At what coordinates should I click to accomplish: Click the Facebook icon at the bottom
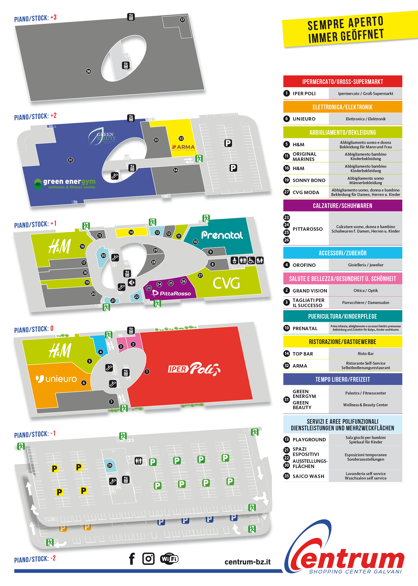click(132, 559)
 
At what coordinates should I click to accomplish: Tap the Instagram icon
click(148, 559)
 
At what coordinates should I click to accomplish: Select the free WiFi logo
click(169, 559)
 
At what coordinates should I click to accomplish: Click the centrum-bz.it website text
click(247, 562)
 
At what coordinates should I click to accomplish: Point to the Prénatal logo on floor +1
click(222, 235)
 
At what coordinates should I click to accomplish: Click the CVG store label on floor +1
click(226, 283)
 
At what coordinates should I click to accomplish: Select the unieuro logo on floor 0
click(56, 379)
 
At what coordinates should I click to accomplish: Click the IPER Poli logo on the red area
click(194, 369)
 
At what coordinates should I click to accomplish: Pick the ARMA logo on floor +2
click(183, 147)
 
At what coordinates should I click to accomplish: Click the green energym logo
click(65, 183)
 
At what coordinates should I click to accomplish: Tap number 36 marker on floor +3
click(89, 71)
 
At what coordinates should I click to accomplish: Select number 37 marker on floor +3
click(182, 20)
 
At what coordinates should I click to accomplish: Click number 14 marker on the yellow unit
click(131, 232)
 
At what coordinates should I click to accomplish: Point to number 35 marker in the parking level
click(110, 465)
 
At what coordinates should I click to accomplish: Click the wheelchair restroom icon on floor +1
click(251, 260)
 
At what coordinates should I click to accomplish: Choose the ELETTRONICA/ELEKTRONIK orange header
click(342, 107)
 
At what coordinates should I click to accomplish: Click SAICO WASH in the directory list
click(308, 476)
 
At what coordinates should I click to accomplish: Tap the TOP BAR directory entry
click(303, 354)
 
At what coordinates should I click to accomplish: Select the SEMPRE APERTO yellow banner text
click(345, 29)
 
